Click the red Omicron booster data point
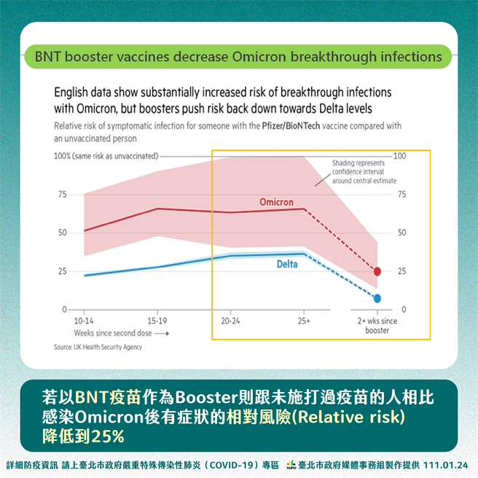(x=377, y=272)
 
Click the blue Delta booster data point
(x=377, y=298)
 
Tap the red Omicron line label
(x=276, y=202)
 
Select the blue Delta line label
(x=286, y=265)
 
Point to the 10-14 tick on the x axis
(x=83, y=320)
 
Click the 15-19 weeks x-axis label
(x=157, y=320)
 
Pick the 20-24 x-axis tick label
(x=231, y=320)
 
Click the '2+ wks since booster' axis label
(x=377, y=325)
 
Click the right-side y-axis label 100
(x=399, y=156)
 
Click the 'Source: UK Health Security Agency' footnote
(x=98, y=348)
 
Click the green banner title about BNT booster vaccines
(x=238, y=56)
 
